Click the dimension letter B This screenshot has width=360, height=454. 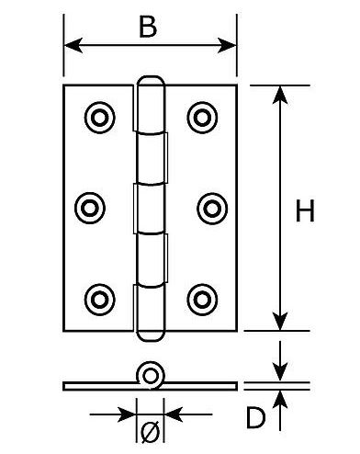click(x=147, y=28)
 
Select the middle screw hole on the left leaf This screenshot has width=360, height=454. click(x=89, y=207)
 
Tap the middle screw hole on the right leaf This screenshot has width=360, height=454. click(x=211, y=207)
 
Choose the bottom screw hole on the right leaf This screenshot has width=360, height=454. click(x=201, y=298)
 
